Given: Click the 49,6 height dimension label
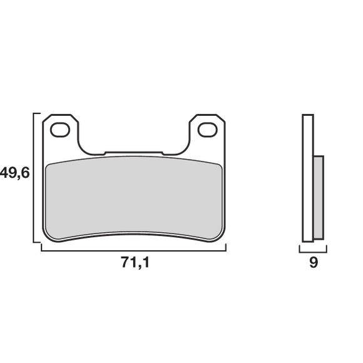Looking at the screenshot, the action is click(x=14, y=173).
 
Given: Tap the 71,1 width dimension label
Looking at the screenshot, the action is click(x=135, y=263).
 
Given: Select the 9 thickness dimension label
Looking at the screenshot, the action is click(x=314, y=262).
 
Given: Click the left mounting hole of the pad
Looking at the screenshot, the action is click(x=60, y=130).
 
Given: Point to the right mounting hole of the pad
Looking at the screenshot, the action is click(x=208, y=130).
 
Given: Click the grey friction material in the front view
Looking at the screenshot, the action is click(x=134, y=197).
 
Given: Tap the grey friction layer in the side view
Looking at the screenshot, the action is click(x=319, y=197).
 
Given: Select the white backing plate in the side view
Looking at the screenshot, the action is click(x=308, y=178).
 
